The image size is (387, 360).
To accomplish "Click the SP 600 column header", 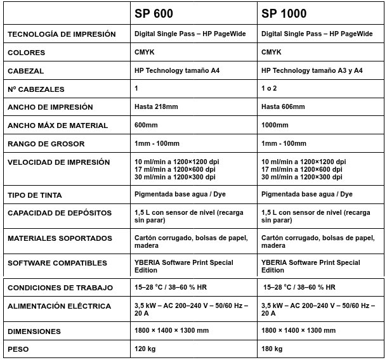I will click(154, 13).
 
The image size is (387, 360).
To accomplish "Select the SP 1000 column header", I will click(285, 13).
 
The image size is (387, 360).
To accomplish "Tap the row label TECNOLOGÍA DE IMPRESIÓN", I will click(62, 34).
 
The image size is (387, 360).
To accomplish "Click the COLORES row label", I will click(30, 53).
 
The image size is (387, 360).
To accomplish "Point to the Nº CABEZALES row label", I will click(36, 89).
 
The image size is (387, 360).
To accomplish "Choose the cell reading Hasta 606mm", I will click(283, 106).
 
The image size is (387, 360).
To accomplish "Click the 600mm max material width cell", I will click(147, 125).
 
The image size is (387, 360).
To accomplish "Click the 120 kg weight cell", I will click(146, 349).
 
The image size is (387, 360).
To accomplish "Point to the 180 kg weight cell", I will click(273, 349).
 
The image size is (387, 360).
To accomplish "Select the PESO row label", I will click(19, 349).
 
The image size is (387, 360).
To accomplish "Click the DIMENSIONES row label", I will click(34, 331).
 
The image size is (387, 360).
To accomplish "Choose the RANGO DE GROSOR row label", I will click(46, 144).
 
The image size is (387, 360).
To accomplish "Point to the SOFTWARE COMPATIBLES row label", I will click(57, 262).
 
